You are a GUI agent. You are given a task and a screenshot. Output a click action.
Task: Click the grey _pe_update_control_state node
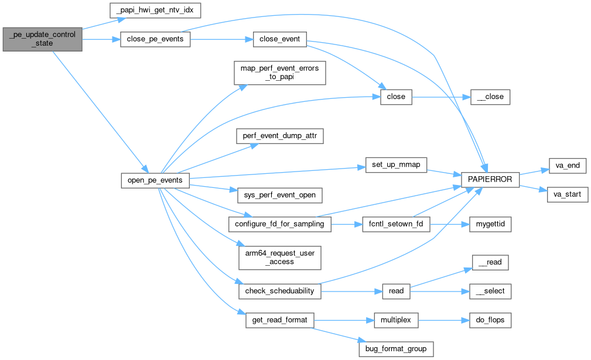coord(42,39)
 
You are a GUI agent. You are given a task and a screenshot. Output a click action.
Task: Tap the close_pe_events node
coord(155,40)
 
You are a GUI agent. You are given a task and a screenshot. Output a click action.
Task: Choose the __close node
coord(490,97)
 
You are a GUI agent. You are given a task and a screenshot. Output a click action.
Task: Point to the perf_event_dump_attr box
coord(279,136)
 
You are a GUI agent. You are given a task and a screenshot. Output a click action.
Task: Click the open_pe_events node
coord(155,180)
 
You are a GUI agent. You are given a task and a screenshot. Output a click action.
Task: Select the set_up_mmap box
coord(395,166)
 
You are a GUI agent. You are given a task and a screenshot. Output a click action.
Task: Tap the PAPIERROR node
coord(490,180)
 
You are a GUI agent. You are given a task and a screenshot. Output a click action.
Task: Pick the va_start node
coord(567,194)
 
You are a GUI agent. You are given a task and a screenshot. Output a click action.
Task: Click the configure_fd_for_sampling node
coord(279,224)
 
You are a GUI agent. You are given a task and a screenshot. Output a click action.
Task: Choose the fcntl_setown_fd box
coord(396,224)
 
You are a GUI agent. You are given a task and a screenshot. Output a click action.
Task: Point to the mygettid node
coord(490,224)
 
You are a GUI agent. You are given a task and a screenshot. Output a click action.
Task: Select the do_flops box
coord(490,320)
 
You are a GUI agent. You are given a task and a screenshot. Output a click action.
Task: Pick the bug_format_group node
coord(396,349)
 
